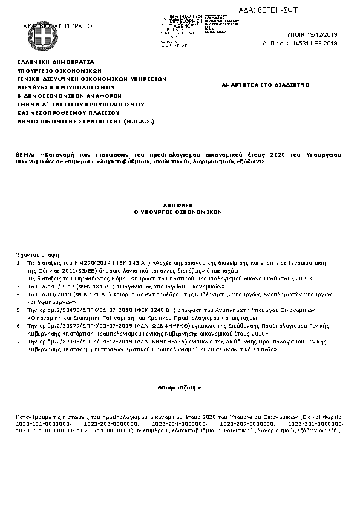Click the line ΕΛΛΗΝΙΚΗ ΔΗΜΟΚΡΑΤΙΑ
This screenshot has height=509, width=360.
[56, 62]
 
